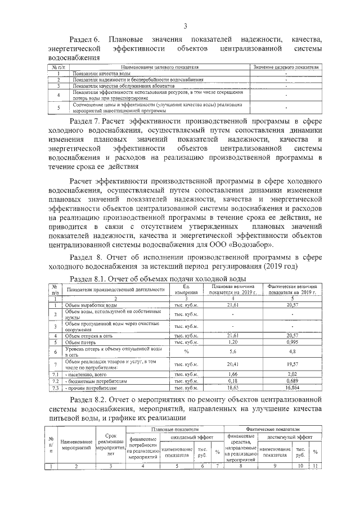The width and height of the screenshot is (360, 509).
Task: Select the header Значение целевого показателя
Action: pos(286,67)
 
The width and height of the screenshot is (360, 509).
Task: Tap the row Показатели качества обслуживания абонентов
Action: pos(111,85)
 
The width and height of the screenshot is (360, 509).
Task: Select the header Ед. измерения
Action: pos(186,289)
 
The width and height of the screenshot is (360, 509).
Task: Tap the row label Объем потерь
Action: pos(79,342)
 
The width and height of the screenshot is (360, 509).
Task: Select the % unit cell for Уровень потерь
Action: pos(186,352)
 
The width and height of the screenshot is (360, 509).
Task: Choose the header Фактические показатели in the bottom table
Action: pos(273,429)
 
